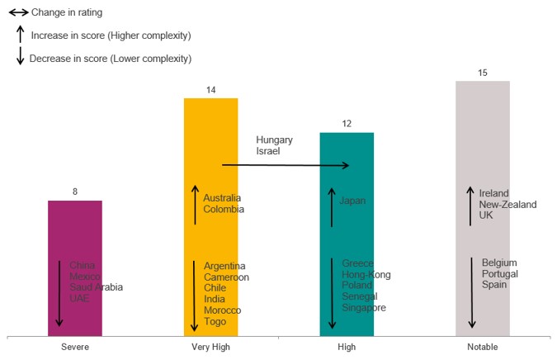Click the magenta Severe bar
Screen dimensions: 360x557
(x=74, y=231)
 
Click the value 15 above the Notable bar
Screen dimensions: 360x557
(x=483, y=73)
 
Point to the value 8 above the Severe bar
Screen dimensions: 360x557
(x=75, y=192)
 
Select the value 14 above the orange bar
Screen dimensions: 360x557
(x=210, y=90)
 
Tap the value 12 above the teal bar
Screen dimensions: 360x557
(x=347, y=124)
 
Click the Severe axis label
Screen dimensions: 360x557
(x=75, y=348)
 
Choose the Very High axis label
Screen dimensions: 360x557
(x=210, y=348)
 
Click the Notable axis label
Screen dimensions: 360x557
(x=483, y=348)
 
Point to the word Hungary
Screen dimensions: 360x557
(x=274, y=140)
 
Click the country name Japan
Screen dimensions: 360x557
(x=352, y=201)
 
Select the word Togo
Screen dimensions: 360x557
(x=215, y=321)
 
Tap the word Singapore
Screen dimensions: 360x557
(x=364, y=308)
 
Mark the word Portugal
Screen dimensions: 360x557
(x=501, y=273)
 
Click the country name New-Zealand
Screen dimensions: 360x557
(x=507, y=205)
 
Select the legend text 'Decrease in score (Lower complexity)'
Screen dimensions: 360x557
(x=110, y=59)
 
